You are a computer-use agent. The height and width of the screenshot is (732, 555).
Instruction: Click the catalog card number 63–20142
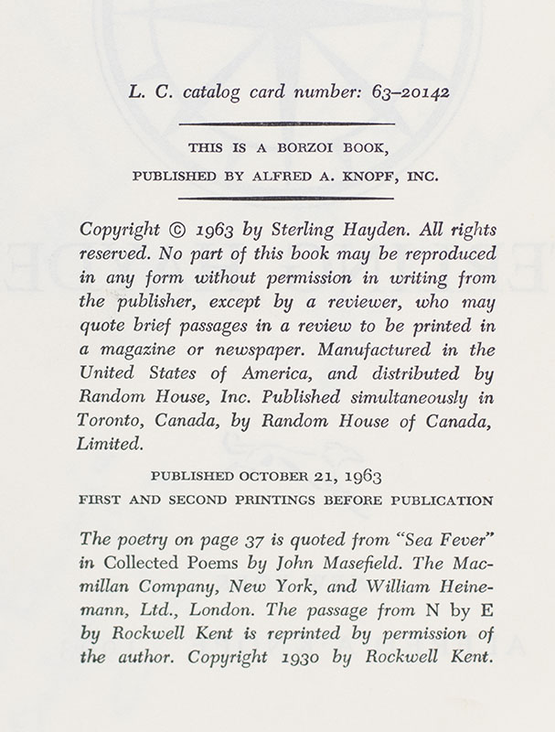[x=400, y=91]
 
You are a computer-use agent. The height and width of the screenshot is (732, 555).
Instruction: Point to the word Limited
[x=111, y=443]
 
